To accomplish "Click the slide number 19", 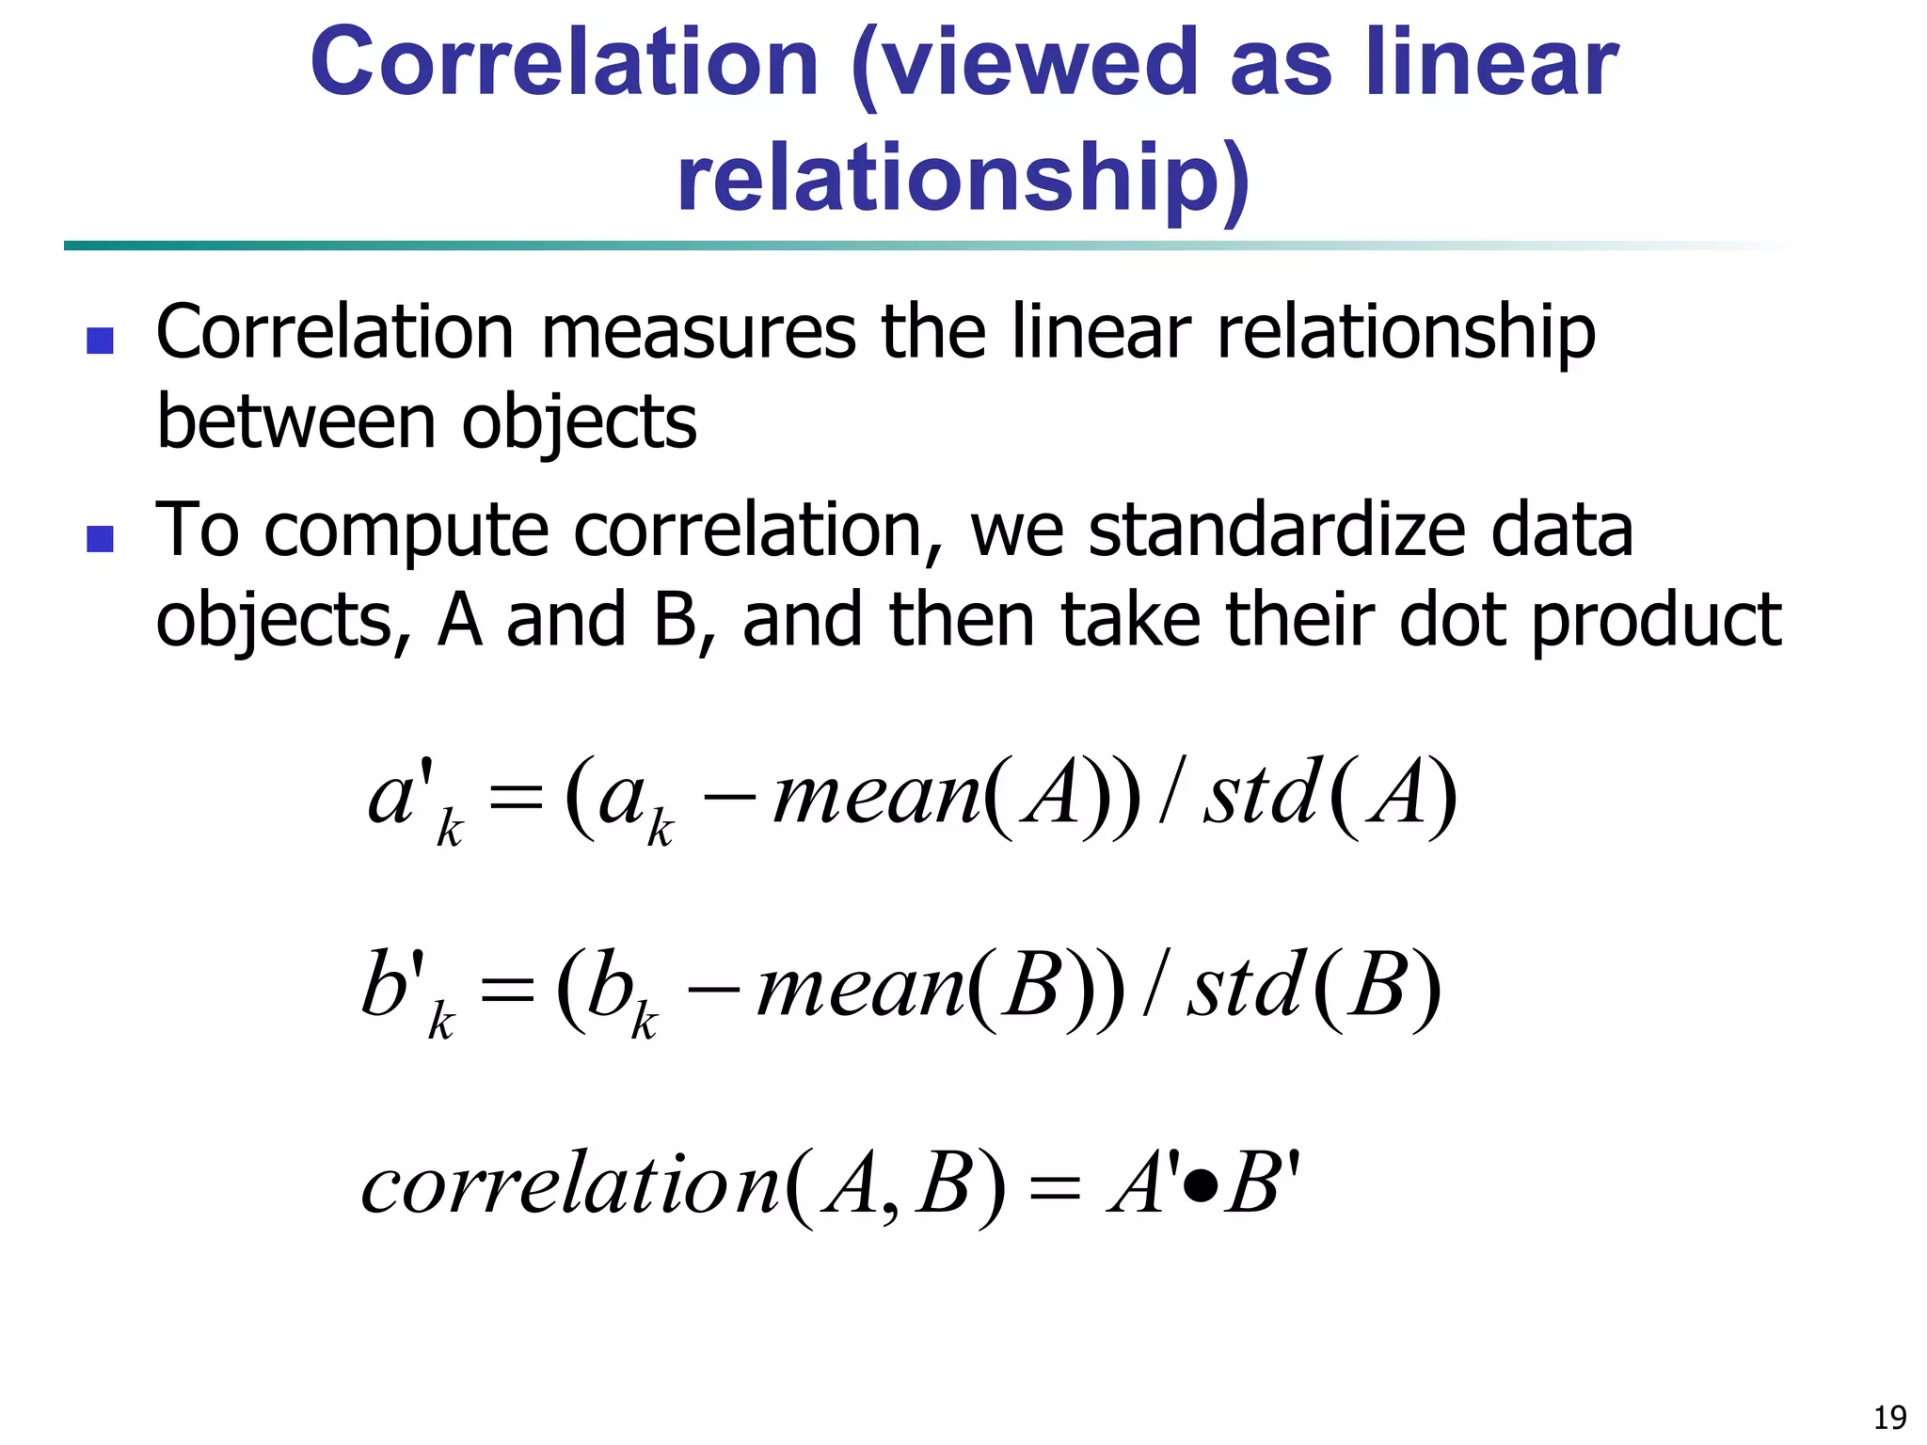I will [x=1889, y=1417].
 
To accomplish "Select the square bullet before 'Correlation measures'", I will [x=100, y=340].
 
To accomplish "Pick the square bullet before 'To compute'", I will [x=100, y=538].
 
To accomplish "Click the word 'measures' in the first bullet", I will [x=698, y=333].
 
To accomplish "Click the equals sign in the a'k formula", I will [x=517, y=801].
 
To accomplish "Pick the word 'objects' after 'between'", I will [x=579, y=422].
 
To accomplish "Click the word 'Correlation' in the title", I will [x=565, y=64].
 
